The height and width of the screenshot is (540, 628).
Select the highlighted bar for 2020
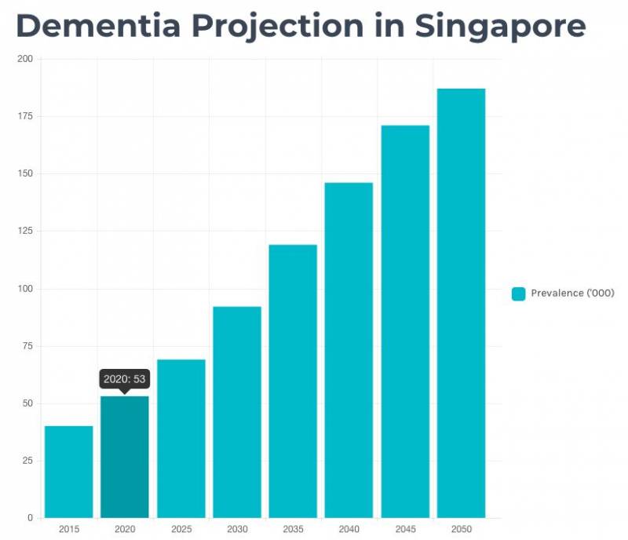pyautogui.click(x=125, y=457)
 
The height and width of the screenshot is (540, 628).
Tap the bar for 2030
pyautogui.click(x=237, y=412)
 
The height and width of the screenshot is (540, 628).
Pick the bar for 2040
pyautogui.click(x=349, y=350)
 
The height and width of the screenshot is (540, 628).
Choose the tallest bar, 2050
pyautogui.click(x=462, y=303)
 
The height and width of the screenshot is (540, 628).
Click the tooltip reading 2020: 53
pyautogui.click(x=125, y=379)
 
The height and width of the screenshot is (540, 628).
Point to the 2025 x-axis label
pyautogui.click(x=181, y=530)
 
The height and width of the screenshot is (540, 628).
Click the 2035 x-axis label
pyautogui.click(x=293, y=530)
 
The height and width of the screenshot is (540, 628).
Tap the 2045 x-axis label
pyautogui.click(x=405, y=530)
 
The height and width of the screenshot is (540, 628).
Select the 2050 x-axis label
pyautogui.click(x=462, y=530)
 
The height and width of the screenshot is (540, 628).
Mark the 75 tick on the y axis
pyautogui.click(x=27, y=346)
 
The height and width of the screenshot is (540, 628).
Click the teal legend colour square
pyautogui.click(x=518, y=294)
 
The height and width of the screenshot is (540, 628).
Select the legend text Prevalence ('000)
pyautogui.click(x=572, y=294)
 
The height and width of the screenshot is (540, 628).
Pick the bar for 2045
pyautogui.click(x=405, y=322)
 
